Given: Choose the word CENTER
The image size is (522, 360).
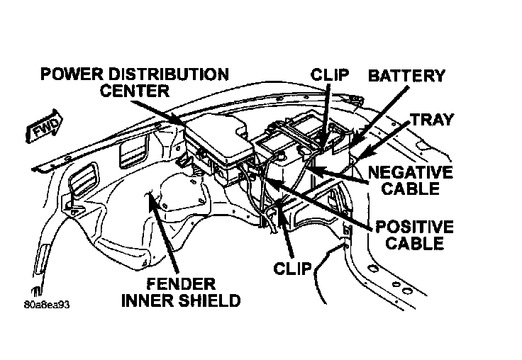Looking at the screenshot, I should (x=135, y=91).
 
